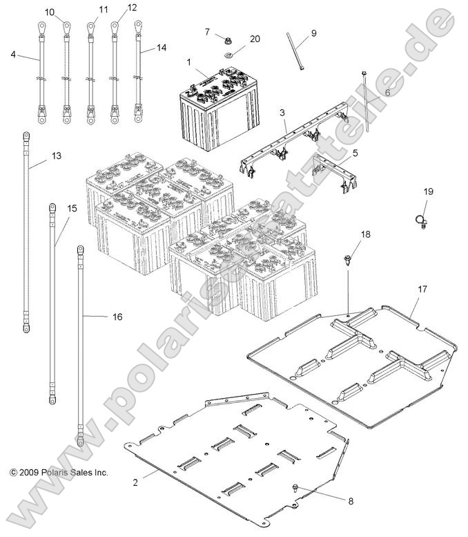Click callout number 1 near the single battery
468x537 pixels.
tap(188, 62)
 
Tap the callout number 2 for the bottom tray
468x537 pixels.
tap(135, 482)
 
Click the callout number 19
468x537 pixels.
tap(428, 191)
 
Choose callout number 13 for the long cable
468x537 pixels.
tap(57, 156)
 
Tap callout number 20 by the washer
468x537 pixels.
tap(255, 39)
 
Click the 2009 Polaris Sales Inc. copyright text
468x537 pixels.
tap(59, 473)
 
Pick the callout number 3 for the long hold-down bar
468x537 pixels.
tap(282, 111)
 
